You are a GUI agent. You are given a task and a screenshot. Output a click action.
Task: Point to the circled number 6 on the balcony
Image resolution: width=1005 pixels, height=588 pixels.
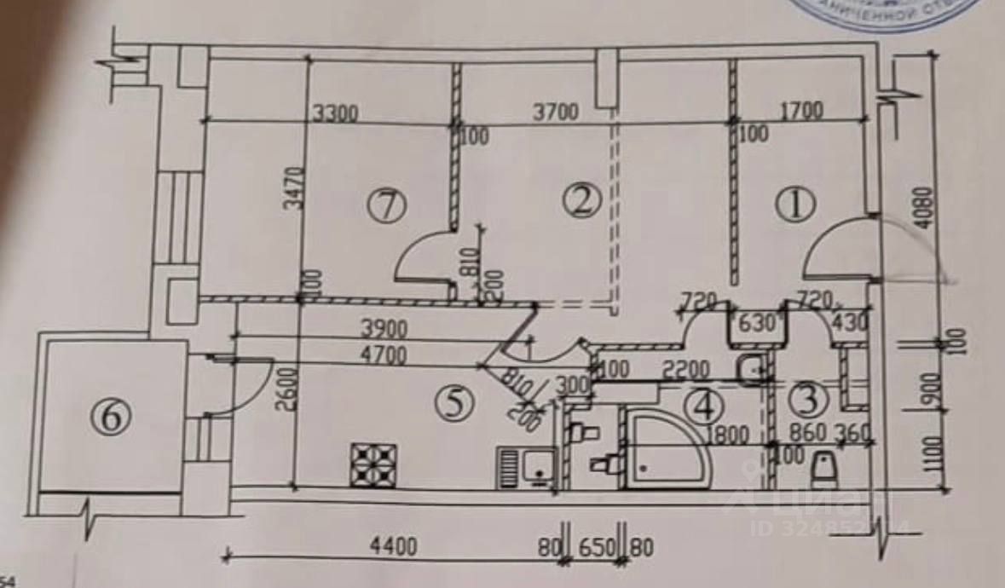point(114,418)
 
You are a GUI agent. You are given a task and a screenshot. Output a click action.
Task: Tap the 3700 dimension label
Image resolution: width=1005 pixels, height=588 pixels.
point(554,112)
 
